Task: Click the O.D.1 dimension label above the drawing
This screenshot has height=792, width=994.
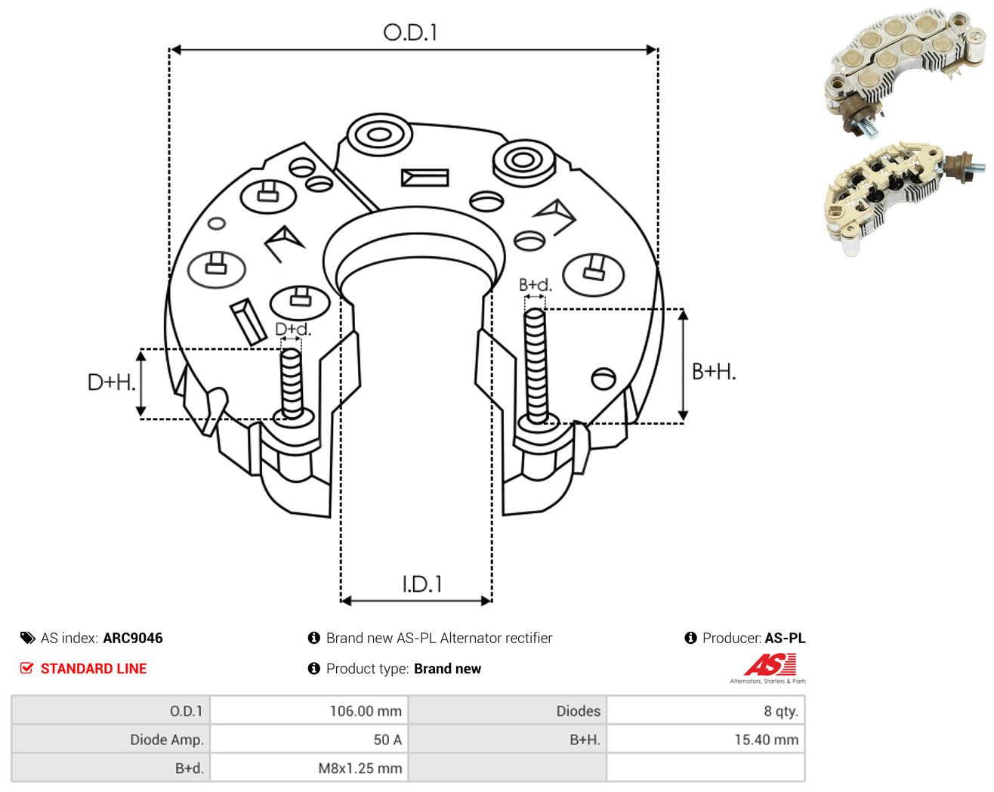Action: (x=409, y=32)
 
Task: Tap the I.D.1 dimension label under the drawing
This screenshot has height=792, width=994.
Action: (x=422, y=584)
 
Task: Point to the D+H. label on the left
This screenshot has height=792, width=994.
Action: (x=111, y=382)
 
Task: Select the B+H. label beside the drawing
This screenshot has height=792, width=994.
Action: (x=714, y=372)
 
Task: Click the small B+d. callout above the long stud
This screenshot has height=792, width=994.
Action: (x=535, y=285)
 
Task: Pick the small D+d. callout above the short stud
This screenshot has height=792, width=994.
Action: (x=293, y=329)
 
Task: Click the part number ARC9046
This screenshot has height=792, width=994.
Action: (x=133, y=638)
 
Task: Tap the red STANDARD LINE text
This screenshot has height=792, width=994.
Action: (x=94, y=669)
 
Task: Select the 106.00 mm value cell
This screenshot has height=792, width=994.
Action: (x=309, y=710)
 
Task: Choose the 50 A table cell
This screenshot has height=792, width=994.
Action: (x=309, y=739)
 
